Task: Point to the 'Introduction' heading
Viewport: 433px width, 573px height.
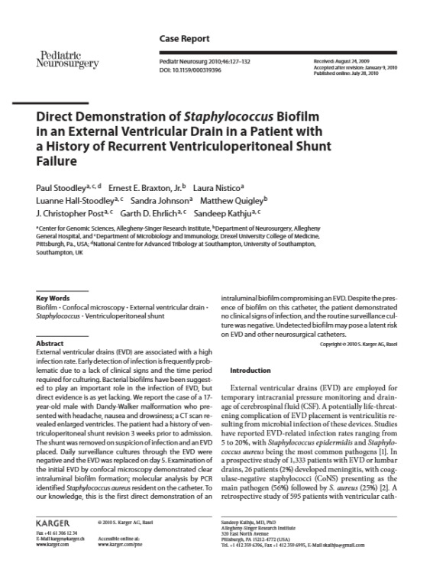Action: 251,371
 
